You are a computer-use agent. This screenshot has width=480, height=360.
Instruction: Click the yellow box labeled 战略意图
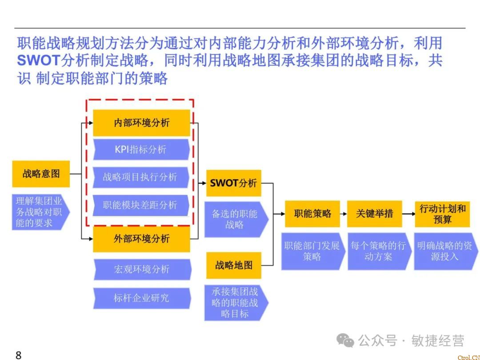pos(41,174)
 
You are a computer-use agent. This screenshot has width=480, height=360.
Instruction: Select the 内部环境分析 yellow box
pos(141,123)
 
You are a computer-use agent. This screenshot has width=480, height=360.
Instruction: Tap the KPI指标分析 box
pos(140,149)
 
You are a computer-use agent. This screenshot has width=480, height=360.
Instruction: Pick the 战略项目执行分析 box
pos(140,177)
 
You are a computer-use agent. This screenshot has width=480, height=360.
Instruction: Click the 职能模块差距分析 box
pos(140,205)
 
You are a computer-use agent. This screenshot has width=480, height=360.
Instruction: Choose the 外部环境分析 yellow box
pos(141,239)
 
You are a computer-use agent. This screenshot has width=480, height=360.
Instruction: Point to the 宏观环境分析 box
pos(141,269)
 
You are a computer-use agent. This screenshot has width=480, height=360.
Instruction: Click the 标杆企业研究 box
pos(141,298)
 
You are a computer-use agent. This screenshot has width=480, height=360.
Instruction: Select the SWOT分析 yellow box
pos(233,183)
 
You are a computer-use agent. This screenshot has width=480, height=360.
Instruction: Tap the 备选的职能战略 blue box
pos(235,219)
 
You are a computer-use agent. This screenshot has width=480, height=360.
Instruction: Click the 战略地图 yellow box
pos(233,265)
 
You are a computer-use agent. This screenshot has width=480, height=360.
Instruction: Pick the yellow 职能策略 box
pos(312,214)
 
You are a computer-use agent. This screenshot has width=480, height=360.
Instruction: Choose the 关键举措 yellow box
pos(374,214)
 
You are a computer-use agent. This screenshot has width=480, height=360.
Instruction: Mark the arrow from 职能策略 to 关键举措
pos(344,214)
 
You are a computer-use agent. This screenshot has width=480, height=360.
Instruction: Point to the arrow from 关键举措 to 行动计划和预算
pos(408,214)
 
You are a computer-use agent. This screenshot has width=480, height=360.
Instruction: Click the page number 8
pos(18,355)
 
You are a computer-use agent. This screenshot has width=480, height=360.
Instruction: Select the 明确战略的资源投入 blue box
pos(444,251)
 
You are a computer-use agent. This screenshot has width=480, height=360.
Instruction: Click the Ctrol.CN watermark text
pos(468,357)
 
